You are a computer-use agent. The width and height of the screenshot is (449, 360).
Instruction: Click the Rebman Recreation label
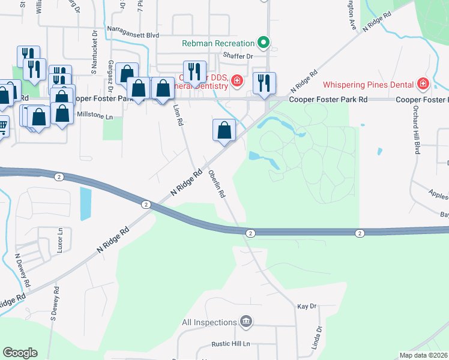(x=219, y=43)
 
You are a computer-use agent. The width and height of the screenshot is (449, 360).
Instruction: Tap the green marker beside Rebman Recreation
(x=263, y=43)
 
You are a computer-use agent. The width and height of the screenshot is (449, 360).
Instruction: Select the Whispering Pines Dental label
(x=370, y=83)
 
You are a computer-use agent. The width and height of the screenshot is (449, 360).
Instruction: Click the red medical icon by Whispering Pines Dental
(x=424, y=83)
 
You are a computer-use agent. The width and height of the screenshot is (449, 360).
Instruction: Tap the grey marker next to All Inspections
(x=245, y=322)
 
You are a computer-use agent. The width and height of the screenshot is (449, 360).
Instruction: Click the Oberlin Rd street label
(x=216, y=184)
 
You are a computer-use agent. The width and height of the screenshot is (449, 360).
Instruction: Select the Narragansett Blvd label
(x=133, y=35)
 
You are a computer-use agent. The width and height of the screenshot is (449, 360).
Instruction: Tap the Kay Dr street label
(x=306, y=306)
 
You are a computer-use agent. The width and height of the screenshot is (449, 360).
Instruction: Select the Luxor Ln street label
(x=60, y=239)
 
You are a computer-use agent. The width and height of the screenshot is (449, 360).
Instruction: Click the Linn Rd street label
(x=178, y=115)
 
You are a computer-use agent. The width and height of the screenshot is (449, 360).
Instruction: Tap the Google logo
(x=20, y=353)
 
